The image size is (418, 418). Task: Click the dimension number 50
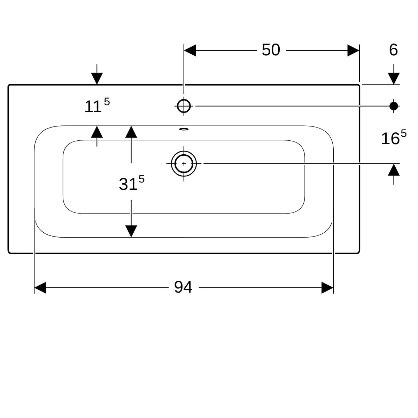click(x=271, y=50)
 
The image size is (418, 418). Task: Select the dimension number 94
click(x=183, y=287)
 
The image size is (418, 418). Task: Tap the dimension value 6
click(x=393, y=50)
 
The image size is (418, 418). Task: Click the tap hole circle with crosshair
click(x=184, y=106)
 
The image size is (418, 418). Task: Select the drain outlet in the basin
click(x=184, y=163)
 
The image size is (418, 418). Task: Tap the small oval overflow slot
click(x=184, y=130)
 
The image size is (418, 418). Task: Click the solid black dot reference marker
click(x=394, y=106)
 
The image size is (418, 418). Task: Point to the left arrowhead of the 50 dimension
click(x=190, y=51)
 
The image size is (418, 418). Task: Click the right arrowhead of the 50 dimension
click(x=353, y=51)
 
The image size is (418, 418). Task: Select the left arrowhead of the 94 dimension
click(x=40, y=288)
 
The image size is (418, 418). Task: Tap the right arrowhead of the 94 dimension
click(x=327, y=288)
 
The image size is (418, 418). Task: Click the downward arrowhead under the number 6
click(x=394, y=79)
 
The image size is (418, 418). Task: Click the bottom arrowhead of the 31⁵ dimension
click(x=131, y=231)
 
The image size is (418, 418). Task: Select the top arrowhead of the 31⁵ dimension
click(x=131, y=132)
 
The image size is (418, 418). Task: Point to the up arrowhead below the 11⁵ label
click(x=97, y=132)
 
